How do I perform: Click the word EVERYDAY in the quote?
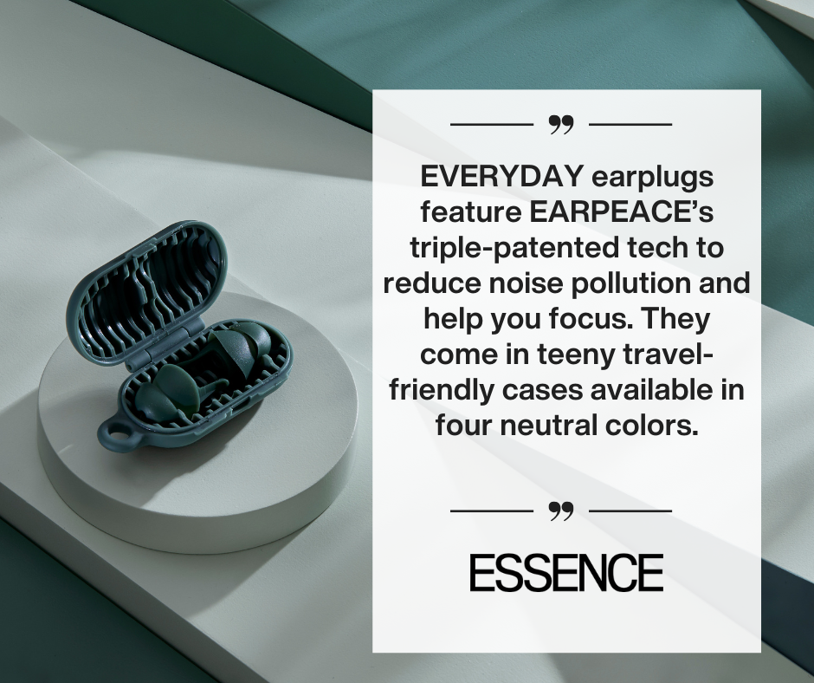(x=502, y=177)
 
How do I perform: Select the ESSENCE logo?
(x=566, y=572)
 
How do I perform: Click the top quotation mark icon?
(x=561, y=125)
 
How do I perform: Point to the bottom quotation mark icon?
(x=561, y=511)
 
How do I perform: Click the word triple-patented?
(x=514, y=248)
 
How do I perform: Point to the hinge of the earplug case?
(x=167, y=343)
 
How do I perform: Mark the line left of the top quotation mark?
(x=492, y=125)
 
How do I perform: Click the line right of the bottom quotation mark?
(x=630, y=511)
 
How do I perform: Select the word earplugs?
(x=653, y=178)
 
